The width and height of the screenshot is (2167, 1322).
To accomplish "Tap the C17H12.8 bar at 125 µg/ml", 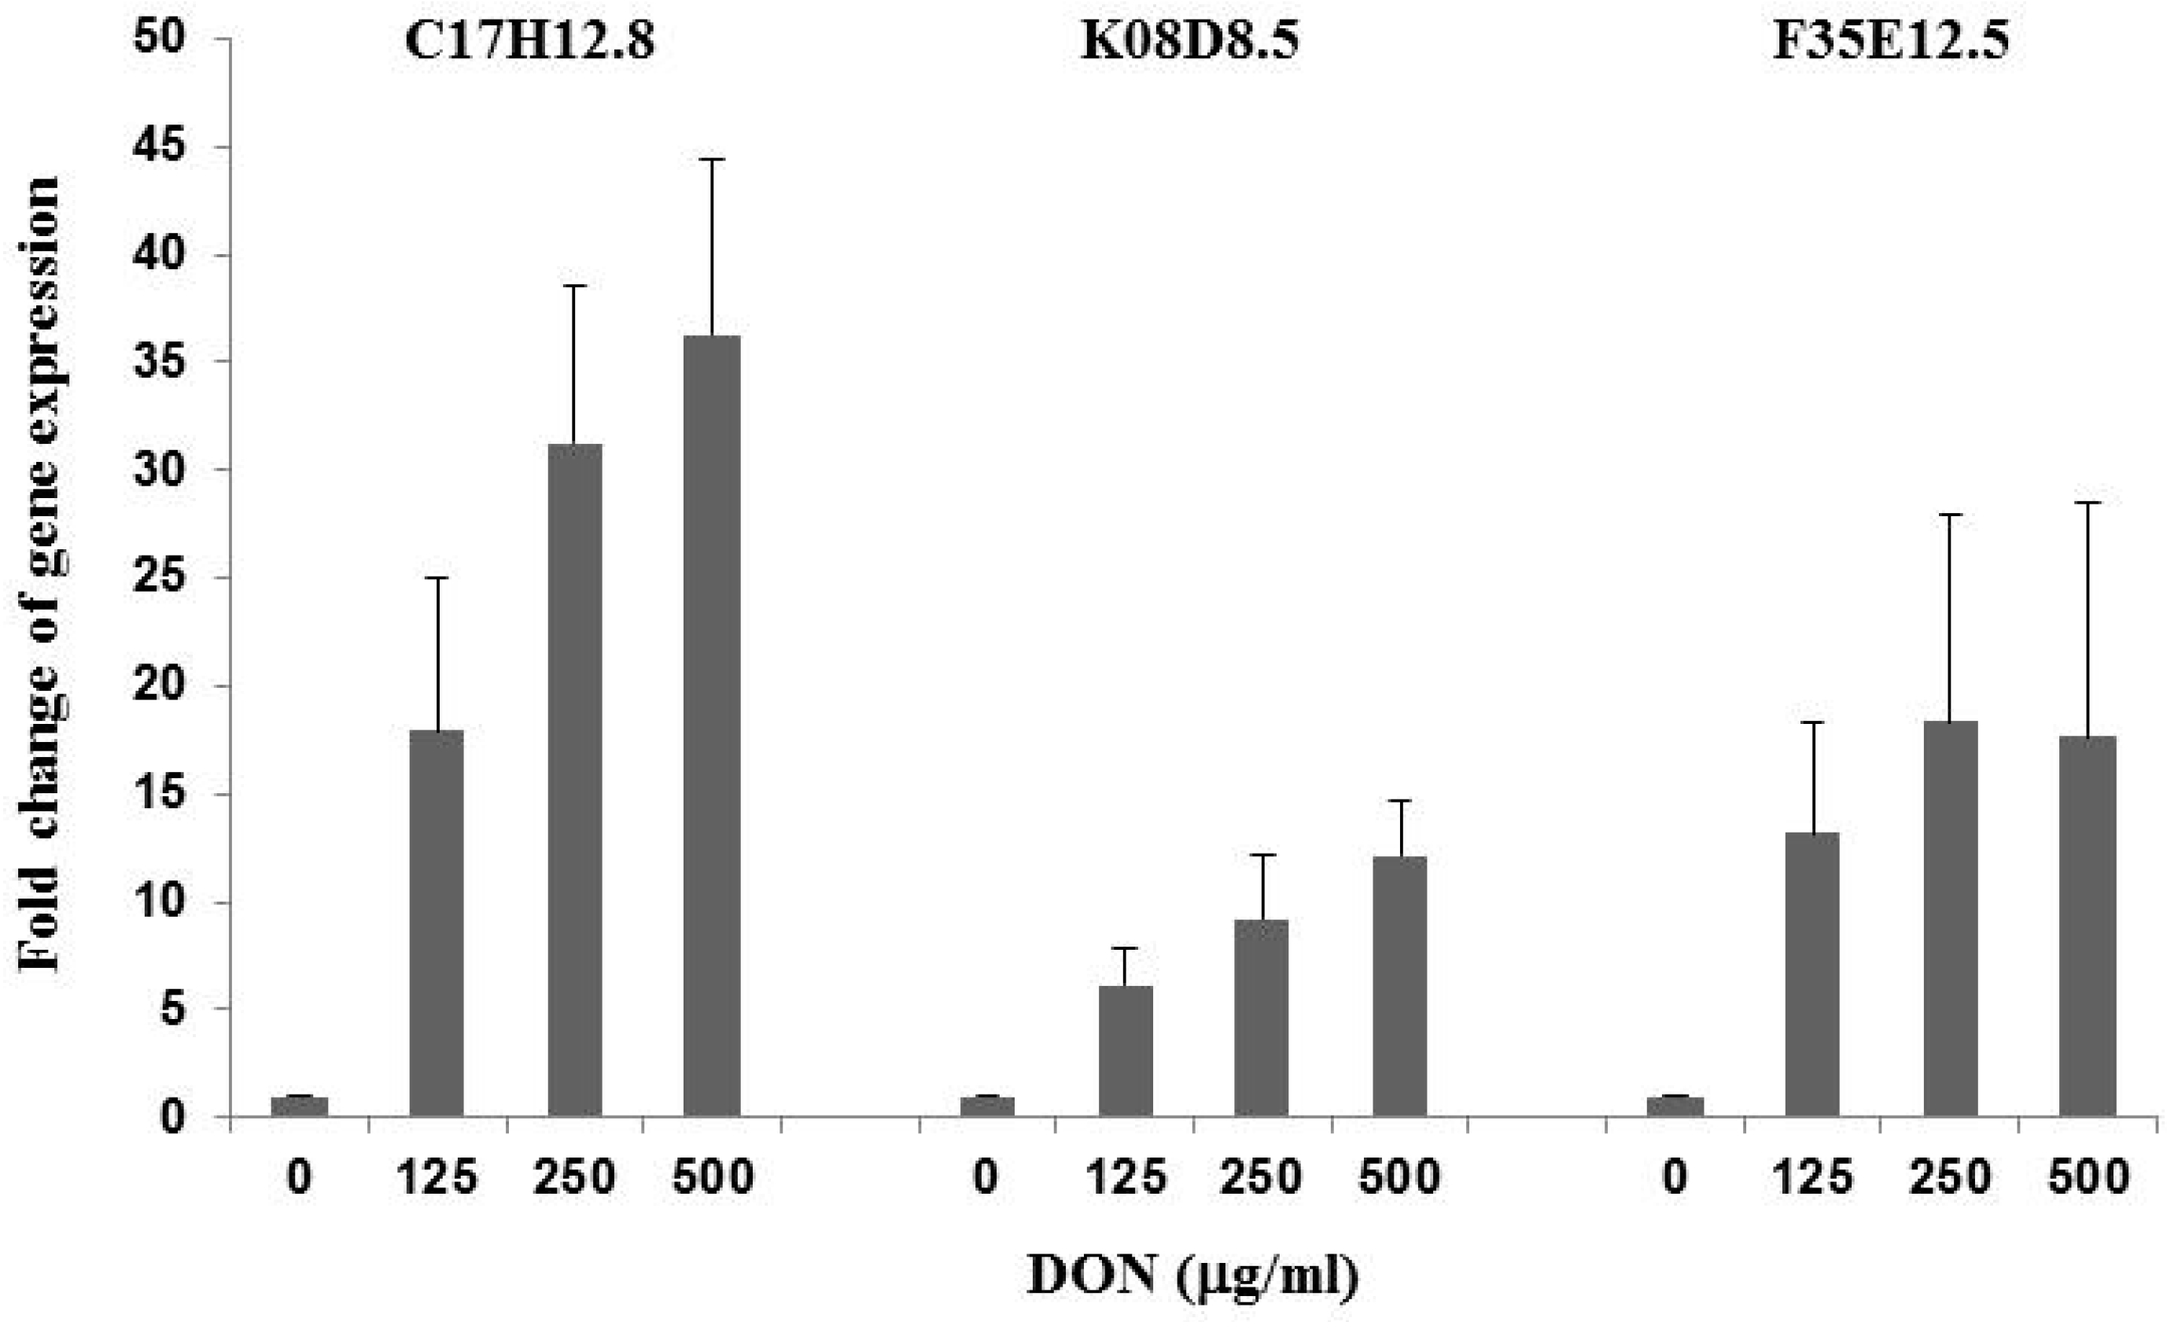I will [437, 924].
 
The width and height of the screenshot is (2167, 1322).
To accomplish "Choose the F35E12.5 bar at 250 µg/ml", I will [1951, 919].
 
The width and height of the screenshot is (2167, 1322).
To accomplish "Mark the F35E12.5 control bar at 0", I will [1675, 1106].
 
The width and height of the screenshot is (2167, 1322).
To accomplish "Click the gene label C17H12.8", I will [529, 42].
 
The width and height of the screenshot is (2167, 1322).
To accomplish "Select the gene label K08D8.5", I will [1189, 42].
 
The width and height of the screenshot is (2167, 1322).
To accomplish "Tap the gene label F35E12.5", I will [1890, 42].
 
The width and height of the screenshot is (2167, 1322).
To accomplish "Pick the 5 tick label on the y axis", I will [172, 1009].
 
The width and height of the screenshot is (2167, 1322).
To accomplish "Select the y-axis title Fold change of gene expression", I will [39, 574].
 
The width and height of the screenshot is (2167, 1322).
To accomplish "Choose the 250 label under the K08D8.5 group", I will [1261, 1177].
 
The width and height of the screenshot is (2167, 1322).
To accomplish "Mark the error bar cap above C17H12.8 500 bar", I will [712, 159].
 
